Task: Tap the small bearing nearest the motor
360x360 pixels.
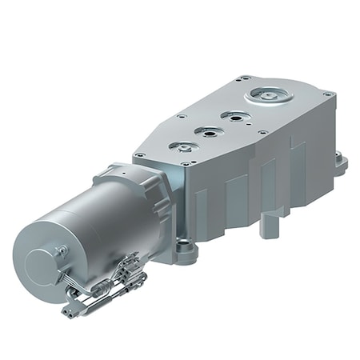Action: click(182, 147)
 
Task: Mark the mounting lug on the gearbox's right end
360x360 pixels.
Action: click(342, 164)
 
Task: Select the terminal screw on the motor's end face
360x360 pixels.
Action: click(61, 251)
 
